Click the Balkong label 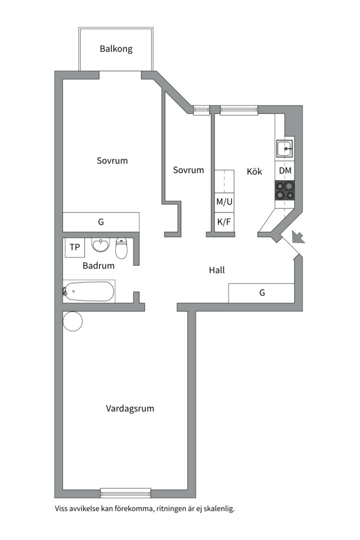(x=116, y=48)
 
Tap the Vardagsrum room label (x=130, y=408)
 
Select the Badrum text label (x=98, y=266)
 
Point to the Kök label (x=254, y=171)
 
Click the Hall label (x=216, y=270)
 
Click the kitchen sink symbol (x=285, y=148)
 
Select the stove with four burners (x=285, y=190)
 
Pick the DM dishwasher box (x=285, y=171)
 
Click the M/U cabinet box (x=224, y=202)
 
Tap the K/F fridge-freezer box (x=224, y=221)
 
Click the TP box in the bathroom (x=74, y=247)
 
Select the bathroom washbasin (x=101, y=245)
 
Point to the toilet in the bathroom (x=122, y=247)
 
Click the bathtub (x=90, y=291)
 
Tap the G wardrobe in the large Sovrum (x=100, y=221)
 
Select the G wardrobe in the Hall (x=261, y=293)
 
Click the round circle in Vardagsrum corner (x=72, y=321)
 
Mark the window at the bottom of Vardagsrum (x=125, y=492)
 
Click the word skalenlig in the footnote (x=218, y=509)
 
